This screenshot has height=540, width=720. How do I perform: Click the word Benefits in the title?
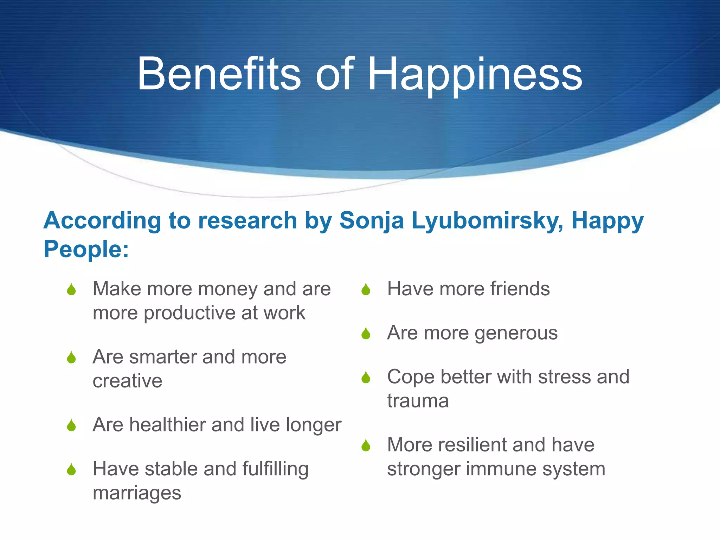pyautogui.click(x=219, y=74)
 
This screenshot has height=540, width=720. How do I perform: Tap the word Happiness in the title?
pyautogui.click(x=475, y=76)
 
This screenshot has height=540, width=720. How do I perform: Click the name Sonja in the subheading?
pyautogui.click(x=371, y=221)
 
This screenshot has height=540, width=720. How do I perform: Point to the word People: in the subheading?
pyautogui.click(x=86, y=249)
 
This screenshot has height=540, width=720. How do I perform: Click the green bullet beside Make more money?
pyautogui.click(x=71, y=290)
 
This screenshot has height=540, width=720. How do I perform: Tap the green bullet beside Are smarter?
pyautogui.click(x=71, y=358)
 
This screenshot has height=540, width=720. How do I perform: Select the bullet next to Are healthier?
pyautogui.click(x=71, y=425)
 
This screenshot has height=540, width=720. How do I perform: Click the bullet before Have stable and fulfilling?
pyautogui.click(x=71, y=469)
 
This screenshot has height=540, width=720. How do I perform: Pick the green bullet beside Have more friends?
pyautogui.click(x=366, y=290)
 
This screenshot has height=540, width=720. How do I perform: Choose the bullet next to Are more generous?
pyautogui.click(x=366, y=334)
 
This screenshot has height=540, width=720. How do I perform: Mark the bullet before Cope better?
pyautogui.click(x=366, y=378)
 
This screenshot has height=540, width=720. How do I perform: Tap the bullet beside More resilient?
pyautogui.click(x=366, y=445)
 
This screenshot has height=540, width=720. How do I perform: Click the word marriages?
pyautogui.click(x=137, y=493)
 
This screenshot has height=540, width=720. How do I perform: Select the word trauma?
pyautogui.click(x=418, y=401)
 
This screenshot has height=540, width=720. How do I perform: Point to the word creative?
pyautogui.click(x=127, y=381)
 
